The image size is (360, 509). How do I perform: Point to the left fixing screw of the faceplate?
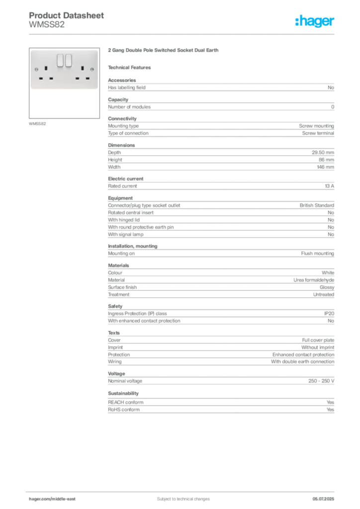tap(37, 71)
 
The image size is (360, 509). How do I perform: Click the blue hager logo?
tap(316, 22)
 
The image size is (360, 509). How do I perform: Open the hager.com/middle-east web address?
tap(53, 499)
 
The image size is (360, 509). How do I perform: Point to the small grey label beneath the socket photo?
tap(38, 124)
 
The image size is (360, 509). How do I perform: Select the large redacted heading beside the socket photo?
tap(165, 51)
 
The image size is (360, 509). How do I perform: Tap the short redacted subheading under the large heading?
tap(131, 67)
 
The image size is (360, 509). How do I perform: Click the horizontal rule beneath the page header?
tap(182, 34)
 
